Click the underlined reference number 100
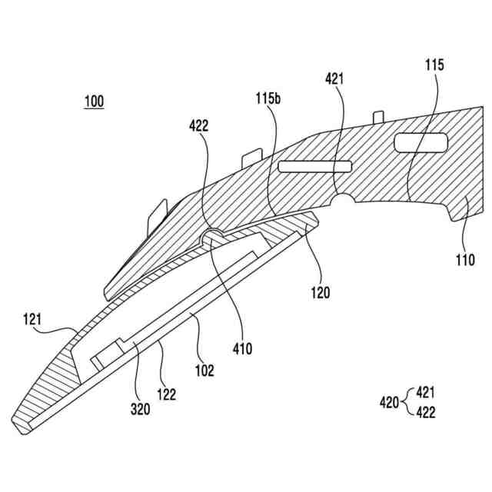click(95, 101)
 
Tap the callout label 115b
click(268, 98)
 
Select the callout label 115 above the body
click(434, 65)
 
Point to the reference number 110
click(464, 259)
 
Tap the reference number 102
click(204, 370)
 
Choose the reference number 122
click(166, 395)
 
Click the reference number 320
click(139, 410)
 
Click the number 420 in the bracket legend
click(390, 401)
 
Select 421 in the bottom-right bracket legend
click(425, 392)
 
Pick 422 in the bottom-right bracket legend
click(425, 411)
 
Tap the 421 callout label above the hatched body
click(335, 78)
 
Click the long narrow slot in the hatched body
click(314, 165)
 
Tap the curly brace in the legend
click(407, 401)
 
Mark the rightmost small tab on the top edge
click(378, 116)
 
